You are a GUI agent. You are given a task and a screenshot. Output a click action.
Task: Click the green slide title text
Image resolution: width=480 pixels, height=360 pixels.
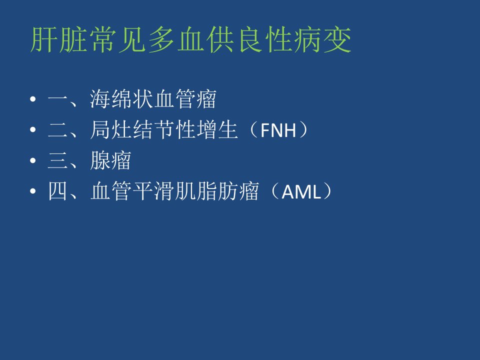tap(190, 40)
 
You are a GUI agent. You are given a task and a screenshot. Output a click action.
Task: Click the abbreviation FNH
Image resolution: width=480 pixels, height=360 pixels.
tap(278, 130)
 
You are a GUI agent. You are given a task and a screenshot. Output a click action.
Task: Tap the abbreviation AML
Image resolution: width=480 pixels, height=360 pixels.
tap(301, 191)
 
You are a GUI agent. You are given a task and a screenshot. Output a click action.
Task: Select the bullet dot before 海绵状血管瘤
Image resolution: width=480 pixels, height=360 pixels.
tap(33, 99)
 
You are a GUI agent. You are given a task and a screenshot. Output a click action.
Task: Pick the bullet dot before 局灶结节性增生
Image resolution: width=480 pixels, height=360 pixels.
tap(33, 130)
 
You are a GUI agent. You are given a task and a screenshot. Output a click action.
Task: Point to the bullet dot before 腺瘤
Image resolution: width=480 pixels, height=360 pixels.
tap(33, 160)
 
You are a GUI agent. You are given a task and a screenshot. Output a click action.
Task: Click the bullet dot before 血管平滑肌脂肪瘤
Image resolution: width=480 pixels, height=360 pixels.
tap(33, 191)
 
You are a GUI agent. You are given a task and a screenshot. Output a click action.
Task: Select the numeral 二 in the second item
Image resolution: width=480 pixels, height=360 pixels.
tap(57, 130)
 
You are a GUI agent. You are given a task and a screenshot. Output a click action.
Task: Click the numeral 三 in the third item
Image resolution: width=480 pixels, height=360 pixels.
tap(57, 160)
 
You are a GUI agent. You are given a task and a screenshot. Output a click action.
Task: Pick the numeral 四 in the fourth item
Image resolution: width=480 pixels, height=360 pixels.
tap(57, 191)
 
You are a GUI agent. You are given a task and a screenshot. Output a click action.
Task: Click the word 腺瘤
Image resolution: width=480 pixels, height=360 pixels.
tap(110, 160)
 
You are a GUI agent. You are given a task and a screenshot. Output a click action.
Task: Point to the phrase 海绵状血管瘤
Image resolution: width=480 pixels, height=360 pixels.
tap(153, 99)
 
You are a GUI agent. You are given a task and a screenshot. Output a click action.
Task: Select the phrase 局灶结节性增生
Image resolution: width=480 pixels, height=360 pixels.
tap(164, 130)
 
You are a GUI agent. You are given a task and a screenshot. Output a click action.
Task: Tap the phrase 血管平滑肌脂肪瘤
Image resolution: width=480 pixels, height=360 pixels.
tap(174, 191)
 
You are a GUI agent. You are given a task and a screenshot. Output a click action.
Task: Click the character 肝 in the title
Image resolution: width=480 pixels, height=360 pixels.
tap(43, 40)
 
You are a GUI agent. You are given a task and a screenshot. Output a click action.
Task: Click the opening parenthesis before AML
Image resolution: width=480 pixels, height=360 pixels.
tap(274, 191)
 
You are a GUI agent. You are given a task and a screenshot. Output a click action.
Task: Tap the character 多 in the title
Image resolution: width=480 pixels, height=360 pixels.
tap(161, 40)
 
